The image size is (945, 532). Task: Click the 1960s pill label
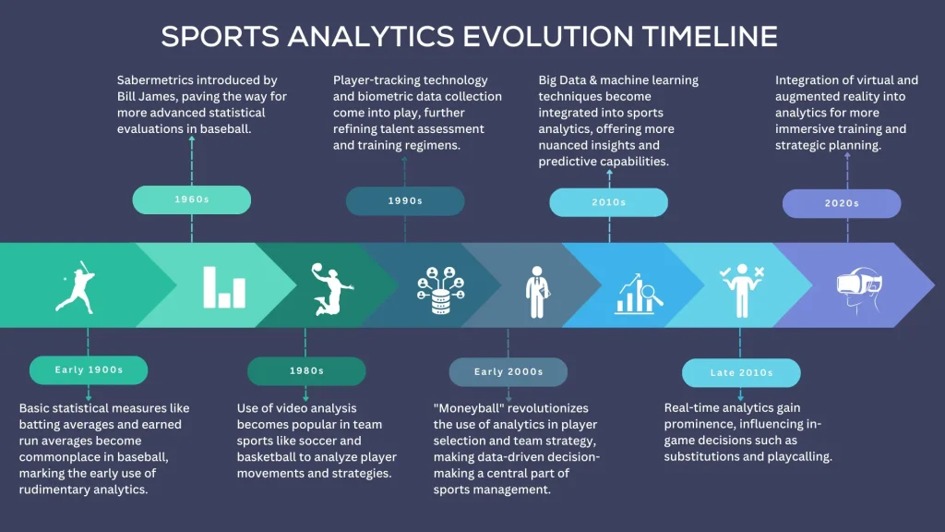(192, 199)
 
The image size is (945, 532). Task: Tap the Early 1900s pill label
(89, 369)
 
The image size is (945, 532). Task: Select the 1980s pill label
(306, 371)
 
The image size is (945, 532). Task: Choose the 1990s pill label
(405, 200)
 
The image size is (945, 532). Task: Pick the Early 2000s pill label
(508, 372)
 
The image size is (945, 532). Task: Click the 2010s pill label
(609, 202)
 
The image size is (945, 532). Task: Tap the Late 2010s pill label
(741, 373)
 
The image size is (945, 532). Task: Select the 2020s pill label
(842, 203)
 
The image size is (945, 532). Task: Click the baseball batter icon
(77, 287)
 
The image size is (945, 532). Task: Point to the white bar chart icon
(224, 288)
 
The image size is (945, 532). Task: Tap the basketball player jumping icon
(331, 289)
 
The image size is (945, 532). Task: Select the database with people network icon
(440, 290)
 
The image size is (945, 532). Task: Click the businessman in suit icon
(537, 292)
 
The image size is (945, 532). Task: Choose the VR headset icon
(859, 289)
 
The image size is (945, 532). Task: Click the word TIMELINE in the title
(710, 36)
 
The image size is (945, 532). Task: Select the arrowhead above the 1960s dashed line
(192, 139)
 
